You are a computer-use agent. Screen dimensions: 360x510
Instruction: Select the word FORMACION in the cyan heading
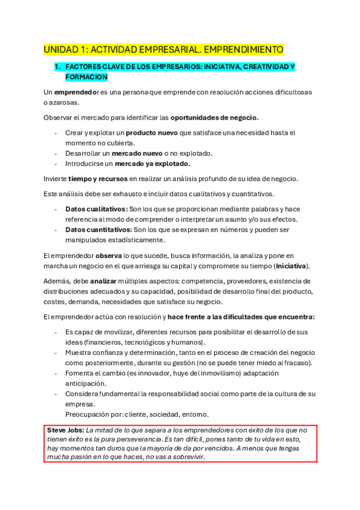click(x=86, y=77)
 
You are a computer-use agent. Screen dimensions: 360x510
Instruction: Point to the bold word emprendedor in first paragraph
click(x=76, y=92)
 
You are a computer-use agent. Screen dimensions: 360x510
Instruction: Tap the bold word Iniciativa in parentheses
click(x=289, y=266)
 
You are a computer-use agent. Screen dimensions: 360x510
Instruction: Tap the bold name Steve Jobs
click(x=65, y=430)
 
